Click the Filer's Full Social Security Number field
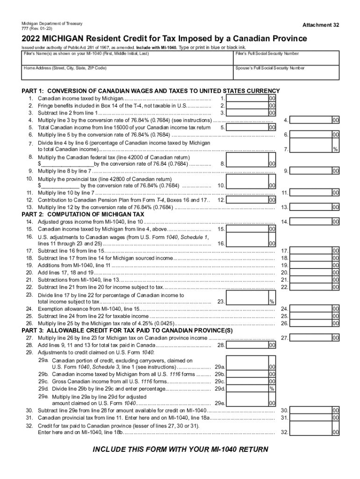(286, 59)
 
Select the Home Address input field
(126, 73)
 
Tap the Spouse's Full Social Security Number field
(286, 73)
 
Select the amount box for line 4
(310, 120)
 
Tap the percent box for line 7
(310, 149)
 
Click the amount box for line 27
(310, 337)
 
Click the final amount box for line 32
(310, 433)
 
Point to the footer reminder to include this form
(180, 450)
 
